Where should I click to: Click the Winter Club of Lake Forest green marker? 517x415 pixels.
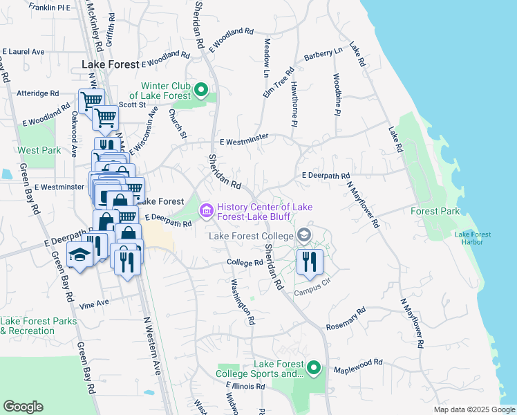(201, 89)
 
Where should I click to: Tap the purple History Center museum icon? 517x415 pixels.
(206, 210)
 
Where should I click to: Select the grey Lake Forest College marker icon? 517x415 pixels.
(303, 237)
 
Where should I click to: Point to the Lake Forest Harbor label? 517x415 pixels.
(473, 238)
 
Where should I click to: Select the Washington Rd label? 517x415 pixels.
(243, 302)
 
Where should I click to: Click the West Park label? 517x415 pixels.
(39, 150)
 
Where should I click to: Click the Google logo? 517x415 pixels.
(23, 407)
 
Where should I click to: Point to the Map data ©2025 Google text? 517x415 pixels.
(473, 409)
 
